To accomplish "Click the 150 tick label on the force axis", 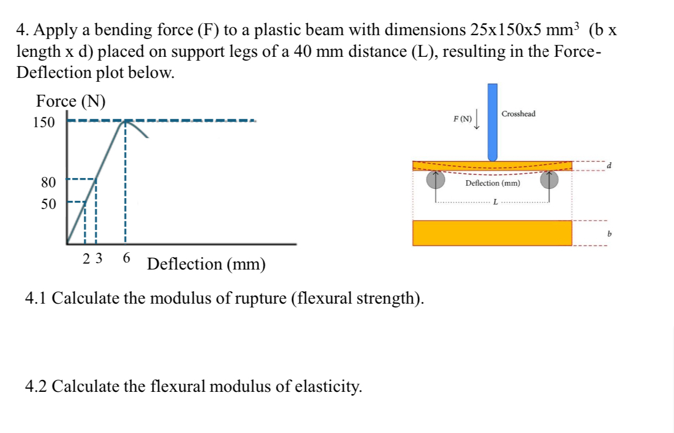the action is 44,122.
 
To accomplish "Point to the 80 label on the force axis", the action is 49,182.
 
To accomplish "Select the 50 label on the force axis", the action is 49,205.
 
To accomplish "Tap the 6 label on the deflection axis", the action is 126,258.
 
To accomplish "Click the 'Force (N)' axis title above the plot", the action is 71,101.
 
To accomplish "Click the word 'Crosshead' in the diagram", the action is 518,114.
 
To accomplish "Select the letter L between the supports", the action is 494,202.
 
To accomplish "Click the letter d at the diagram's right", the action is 609,165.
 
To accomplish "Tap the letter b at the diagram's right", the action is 609,234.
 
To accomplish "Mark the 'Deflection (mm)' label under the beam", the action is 492,183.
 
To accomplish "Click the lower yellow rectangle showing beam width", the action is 492,233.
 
